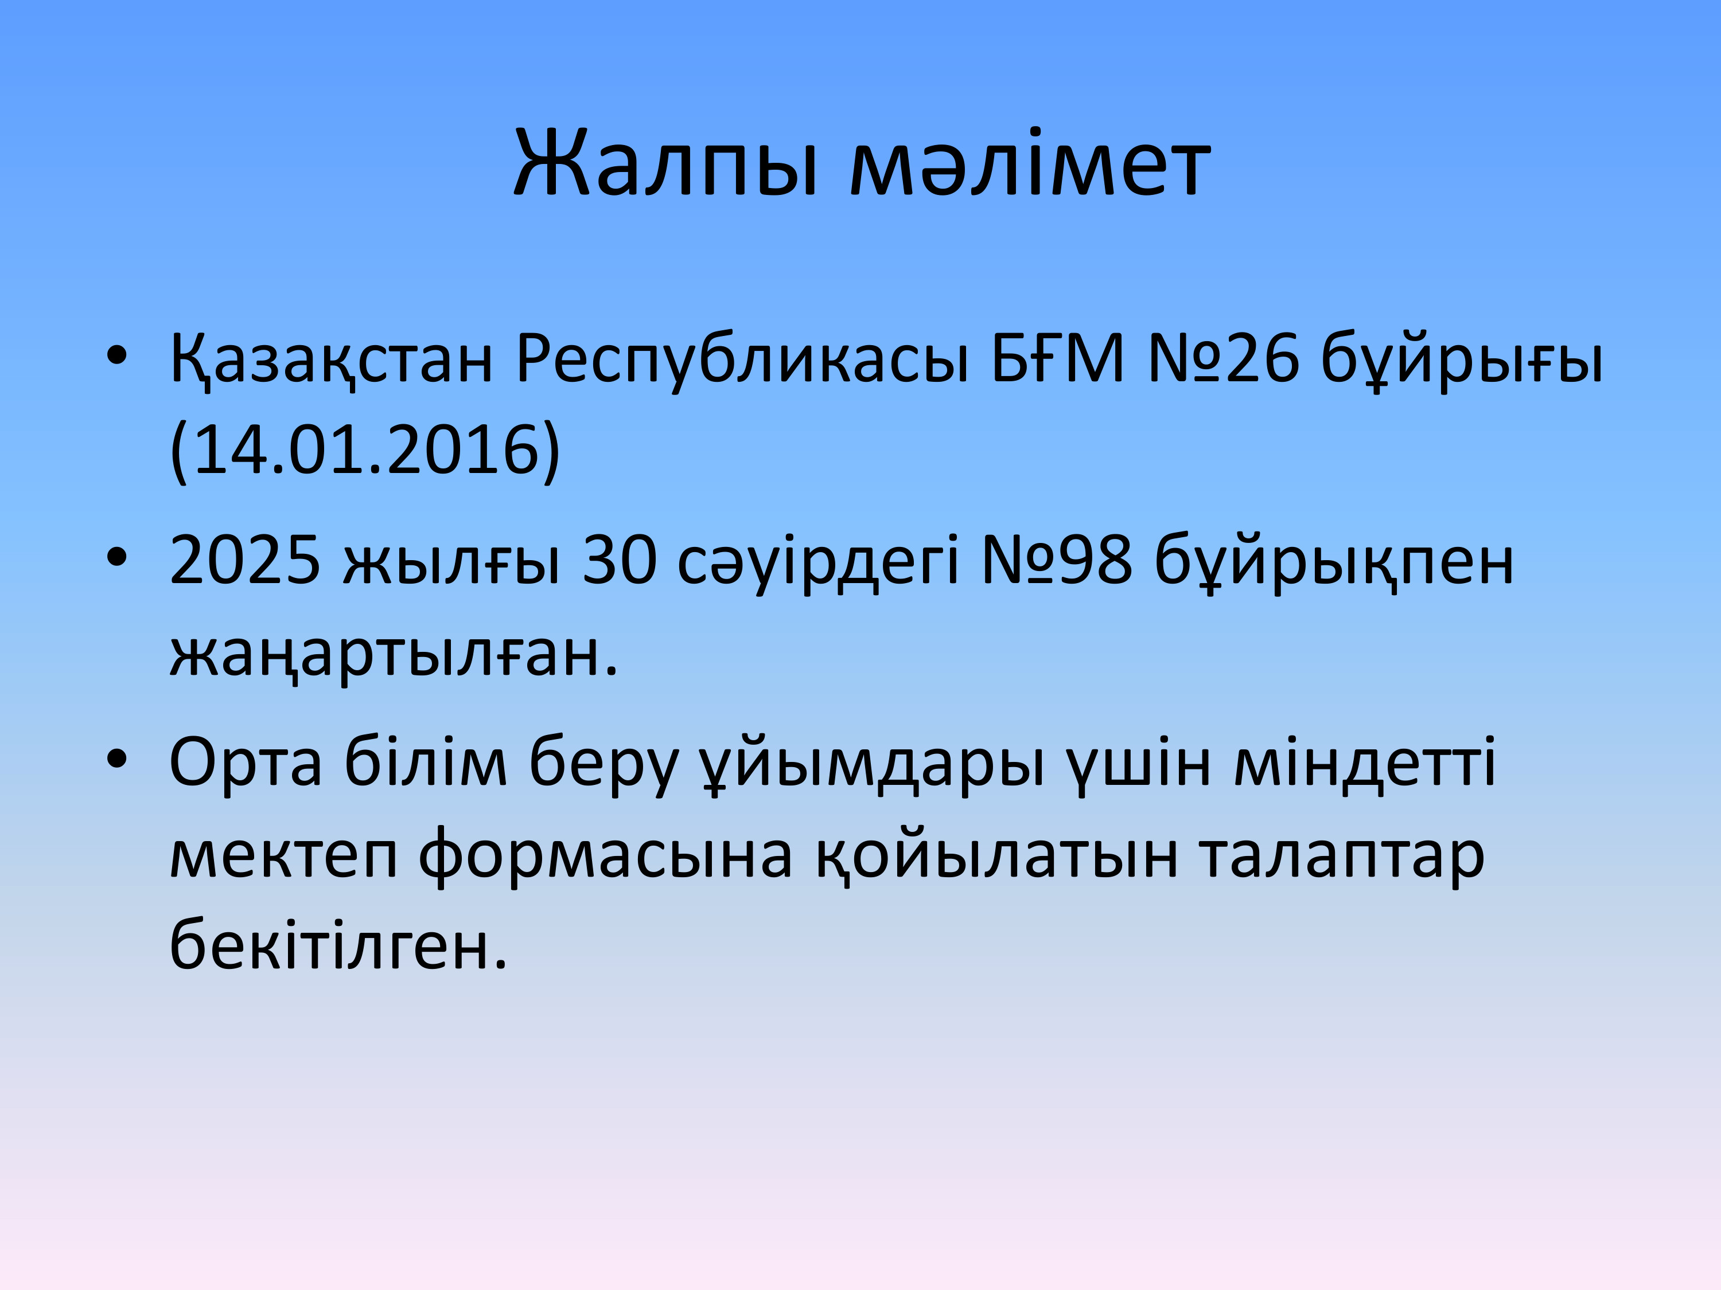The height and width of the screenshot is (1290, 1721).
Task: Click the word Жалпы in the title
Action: [x=666, y=165]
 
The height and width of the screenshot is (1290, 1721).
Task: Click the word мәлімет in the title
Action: [x=1030, y=165]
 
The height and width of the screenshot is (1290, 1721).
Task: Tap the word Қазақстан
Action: [x=332, y=361]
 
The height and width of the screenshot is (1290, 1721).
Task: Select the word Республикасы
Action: [x=742, y=361]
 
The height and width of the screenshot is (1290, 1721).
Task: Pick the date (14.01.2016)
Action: [x=365, y=451]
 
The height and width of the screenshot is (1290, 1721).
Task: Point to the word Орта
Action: [x=246, y=762]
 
